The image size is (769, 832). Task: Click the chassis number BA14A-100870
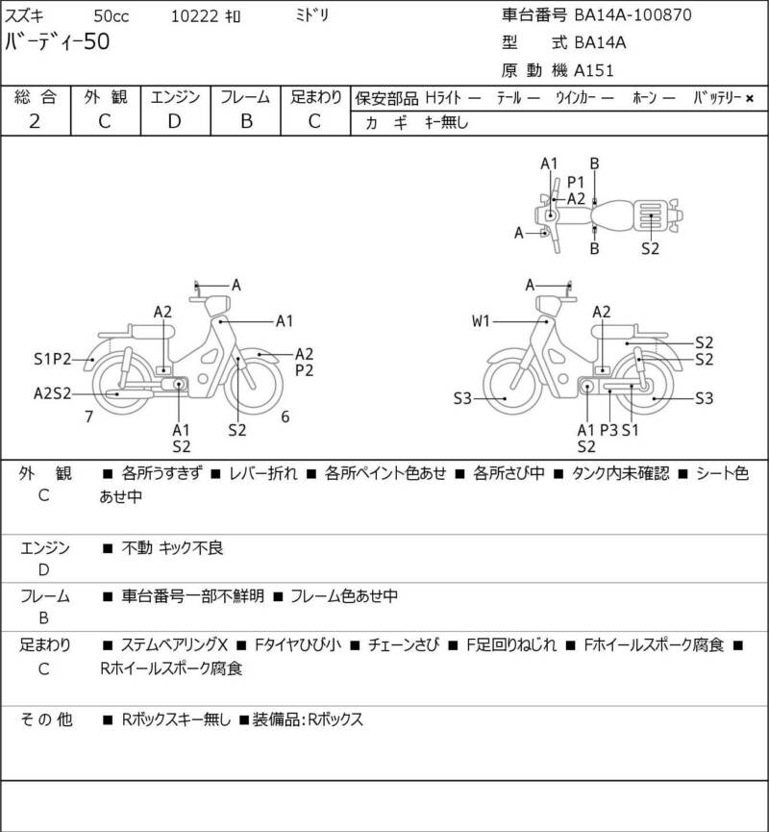point(633,14)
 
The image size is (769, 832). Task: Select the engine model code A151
point(594,69)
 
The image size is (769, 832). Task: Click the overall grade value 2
point(35,121)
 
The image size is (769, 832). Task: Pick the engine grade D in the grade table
point(174,121)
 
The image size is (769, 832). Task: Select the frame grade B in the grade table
point(245,121)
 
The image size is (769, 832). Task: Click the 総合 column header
point(36,97)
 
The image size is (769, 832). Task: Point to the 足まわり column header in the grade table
point(316,97)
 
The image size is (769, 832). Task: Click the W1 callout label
point(481,321)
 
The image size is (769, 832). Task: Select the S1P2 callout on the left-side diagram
point(54,360)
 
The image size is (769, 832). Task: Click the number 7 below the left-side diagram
point(88,416)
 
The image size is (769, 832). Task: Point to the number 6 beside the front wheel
point(285,416)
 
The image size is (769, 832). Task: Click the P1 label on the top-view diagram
point(576,182)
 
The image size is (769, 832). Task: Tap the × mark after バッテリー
point(750,98)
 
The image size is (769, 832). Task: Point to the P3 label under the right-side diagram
point(608,430)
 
